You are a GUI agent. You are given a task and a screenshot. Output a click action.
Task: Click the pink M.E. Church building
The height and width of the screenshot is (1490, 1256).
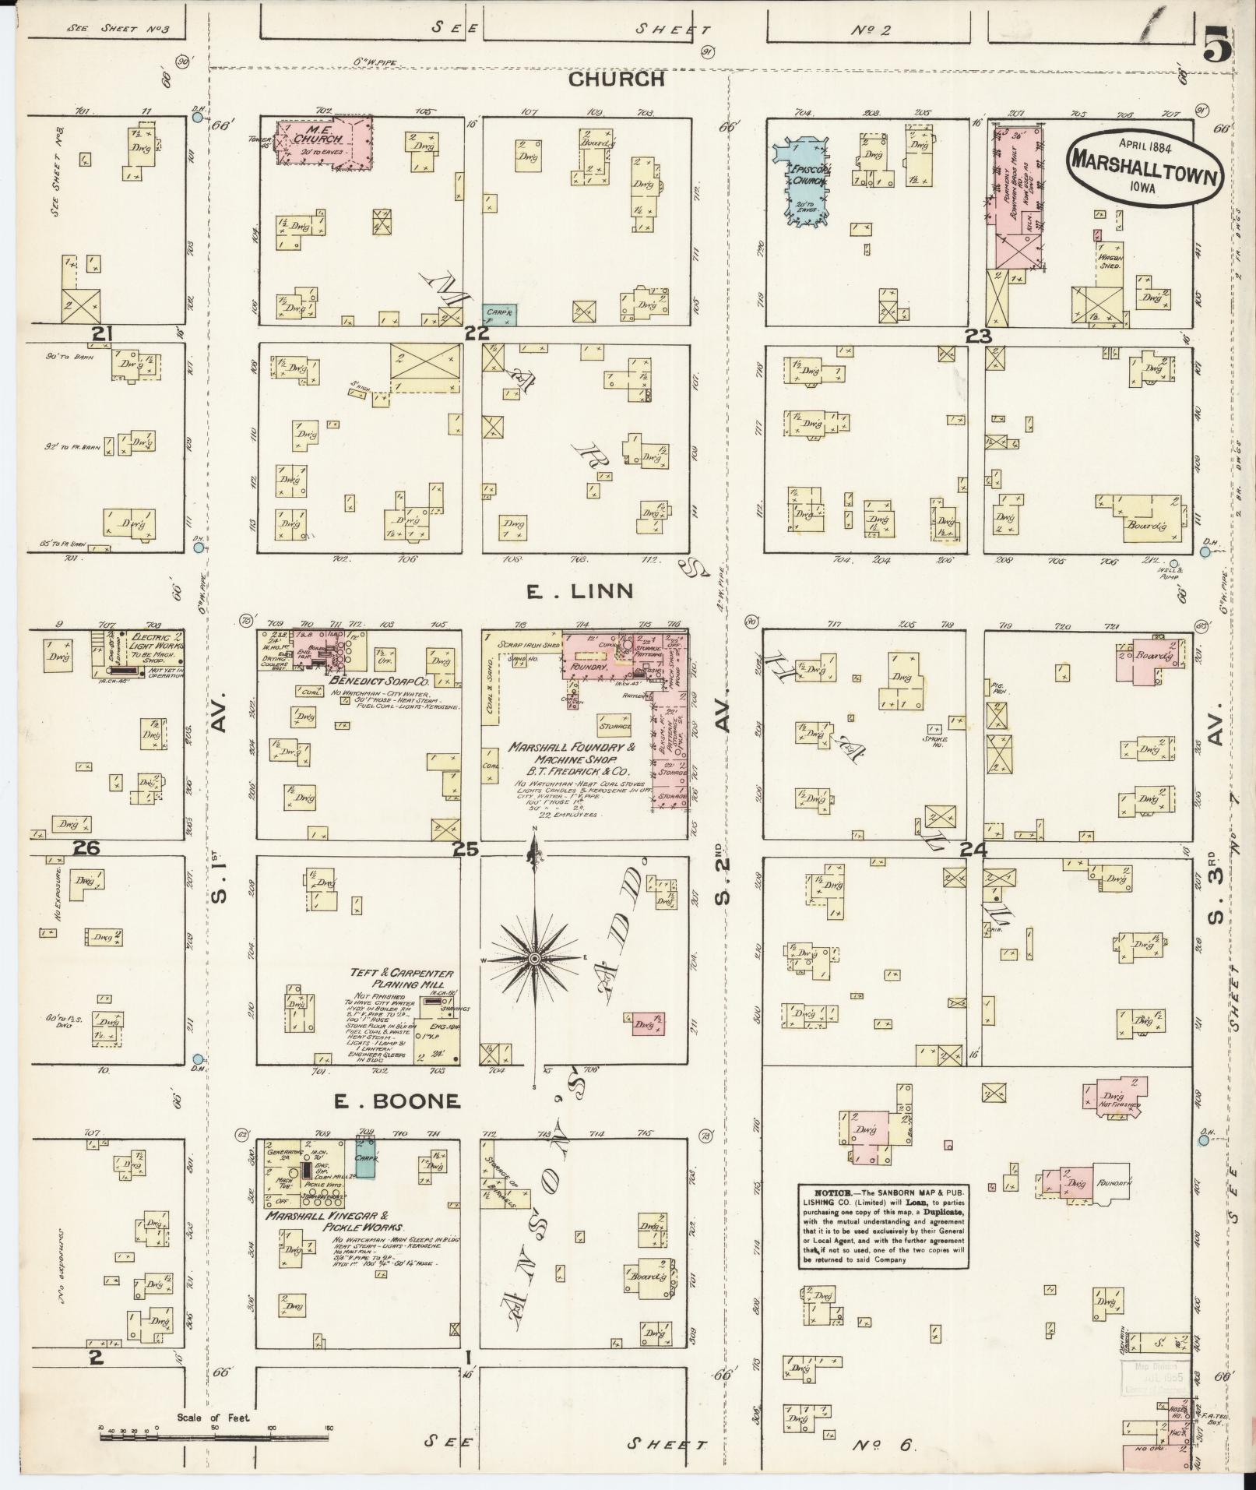[325, 142]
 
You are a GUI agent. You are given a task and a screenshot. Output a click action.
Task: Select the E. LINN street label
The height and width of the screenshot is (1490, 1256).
[579, 593]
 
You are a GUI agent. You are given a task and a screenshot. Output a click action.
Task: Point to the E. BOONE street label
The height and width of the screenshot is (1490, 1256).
[397, 1101]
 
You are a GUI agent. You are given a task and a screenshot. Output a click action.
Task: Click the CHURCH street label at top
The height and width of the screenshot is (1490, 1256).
[615, 79]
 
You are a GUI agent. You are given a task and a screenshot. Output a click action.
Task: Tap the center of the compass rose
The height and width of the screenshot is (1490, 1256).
[535, 957]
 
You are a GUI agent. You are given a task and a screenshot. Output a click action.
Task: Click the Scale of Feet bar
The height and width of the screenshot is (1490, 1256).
[214, 1434]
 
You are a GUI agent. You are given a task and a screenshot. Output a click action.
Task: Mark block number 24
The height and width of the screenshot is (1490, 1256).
[974, 851]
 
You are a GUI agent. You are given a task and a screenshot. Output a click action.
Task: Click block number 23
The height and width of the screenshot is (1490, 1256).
[978, 336]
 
